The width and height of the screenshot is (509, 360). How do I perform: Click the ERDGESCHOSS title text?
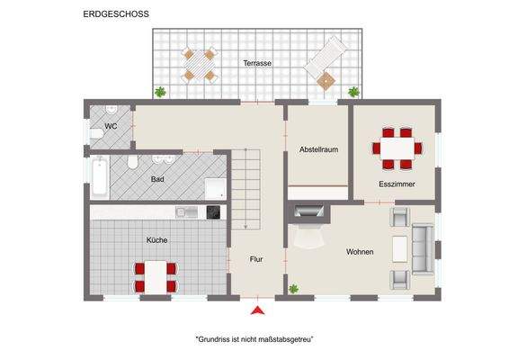pos(116,14)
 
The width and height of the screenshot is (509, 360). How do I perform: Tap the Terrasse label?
pos(257,63)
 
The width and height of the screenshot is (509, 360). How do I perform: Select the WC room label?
pos(111,126)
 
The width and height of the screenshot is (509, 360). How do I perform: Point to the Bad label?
pos(157,179)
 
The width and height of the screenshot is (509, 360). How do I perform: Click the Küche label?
pos(157,240)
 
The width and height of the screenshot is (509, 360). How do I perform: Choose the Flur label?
pos(256,259)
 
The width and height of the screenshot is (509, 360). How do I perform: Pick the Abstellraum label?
pos(318,149)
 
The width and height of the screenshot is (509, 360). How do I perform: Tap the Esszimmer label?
pos(397,184)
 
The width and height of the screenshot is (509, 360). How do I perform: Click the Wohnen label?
pos(360,251)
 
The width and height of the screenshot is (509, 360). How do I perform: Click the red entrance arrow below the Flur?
pos(257,311)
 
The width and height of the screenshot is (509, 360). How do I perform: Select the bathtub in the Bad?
pos(100,178)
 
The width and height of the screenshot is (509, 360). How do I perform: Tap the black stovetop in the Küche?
pos(213,211)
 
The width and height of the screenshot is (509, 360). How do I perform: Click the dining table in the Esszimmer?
pos(397,148)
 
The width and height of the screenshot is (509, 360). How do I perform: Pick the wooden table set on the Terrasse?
pos(199,65)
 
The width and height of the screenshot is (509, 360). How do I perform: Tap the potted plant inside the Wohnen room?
pos(293,289)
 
